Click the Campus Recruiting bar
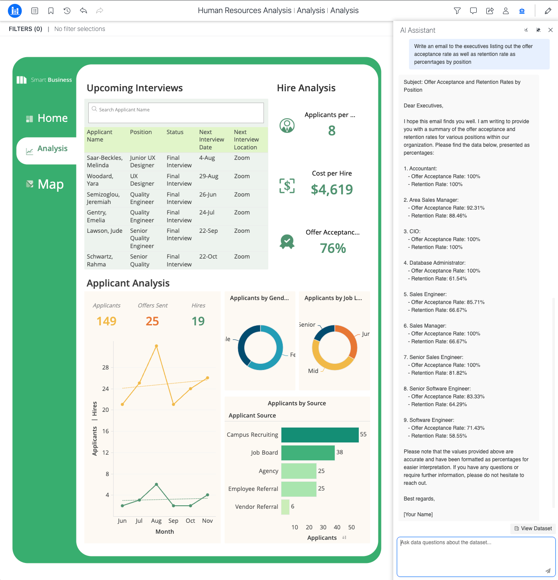320,435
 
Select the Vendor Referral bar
285,507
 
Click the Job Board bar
308,453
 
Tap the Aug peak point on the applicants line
156,346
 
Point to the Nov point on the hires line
208,495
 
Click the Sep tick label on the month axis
173,521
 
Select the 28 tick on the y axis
105,367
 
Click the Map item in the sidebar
45,184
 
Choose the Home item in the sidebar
47,118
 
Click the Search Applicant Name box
176,113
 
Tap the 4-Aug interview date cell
207,158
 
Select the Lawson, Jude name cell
104,231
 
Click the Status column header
175,132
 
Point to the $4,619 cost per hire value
332,189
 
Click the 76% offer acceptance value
333,248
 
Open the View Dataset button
533,528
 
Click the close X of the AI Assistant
551,30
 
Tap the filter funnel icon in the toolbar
457,11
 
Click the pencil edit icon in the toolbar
548,11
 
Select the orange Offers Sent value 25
152,321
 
